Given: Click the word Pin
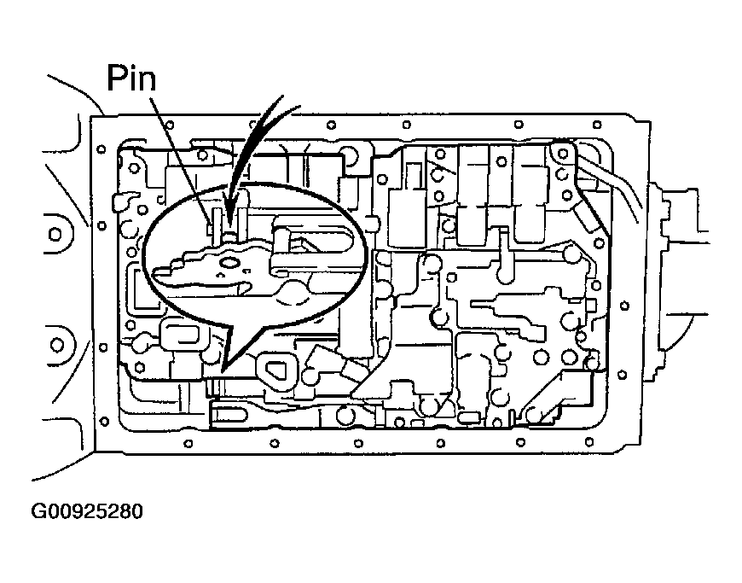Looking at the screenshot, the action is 131,79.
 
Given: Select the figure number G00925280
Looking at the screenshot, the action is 87,511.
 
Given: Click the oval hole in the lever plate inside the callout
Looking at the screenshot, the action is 230,262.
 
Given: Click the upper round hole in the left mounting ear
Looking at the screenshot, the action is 55,235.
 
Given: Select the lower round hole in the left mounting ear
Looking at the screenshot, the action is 57,344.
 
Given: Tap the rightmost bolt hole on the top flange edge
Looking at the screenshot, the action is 597,125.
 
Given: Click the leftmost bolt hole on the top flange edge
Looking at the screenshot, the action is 169,125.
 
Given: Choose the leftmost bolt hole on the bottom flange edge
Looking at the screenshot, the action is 188,444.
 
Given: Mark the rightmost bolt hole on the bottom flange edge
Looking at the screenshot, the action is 589,442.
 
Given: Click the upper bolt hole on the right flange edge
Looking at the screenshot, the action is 624,306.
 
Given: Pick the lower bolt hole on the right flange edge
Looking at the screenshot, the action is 623,375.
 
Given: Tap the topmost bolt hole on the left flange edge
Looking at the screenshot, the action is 101,149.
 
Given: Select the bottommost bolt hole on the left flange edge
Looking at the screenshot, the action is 105,421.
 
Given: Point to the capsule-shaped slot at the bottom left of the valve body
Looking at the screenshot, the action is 229,415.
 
